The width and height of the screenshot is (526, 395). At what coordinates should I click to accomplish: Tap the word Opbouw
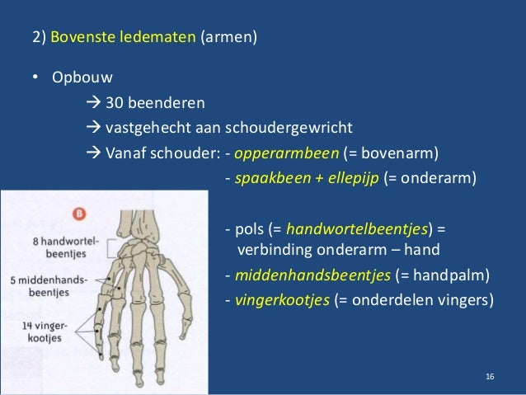79,79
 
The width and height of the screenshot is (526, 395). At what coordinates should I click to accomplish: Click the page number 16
491,377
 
